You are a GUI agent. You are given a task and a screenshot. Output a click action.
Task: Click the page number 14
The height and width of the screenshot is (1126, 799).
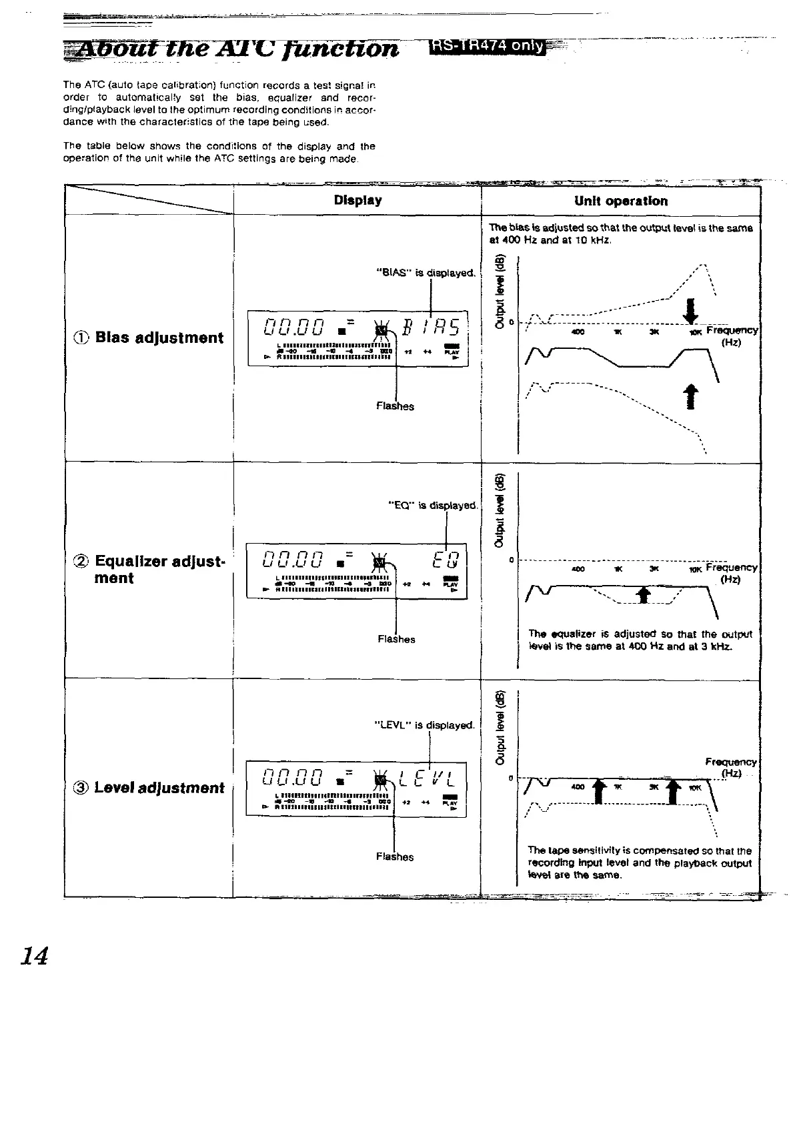(35, 957)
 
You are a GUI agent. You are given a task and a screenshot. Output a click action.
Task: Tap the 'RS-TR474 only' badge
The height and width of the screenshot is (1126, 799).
(488, 46)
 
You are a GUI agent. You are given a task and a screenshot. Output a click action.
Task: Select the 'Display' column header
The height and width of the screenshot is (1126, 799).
(357, 200)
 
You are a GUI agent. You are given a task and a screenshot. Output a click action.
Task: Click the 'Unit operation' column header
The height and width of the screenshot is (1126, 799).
(620, 201)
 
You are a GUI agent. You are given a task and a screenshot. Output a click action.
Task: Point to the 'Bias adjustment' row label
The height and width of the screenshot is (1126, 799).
(159, 338)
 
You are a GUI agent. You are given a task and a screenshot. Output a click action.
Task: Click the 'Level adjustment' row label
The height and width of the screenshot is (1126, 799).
(159, 788)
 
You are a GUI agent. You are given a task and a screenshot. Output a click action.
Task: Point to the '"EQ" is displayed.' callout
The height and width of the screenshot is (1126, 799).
(433, 505)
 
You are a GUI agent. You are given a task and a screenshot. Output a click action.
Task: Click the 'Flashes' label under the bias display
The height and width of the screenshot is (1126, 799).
(395, 406)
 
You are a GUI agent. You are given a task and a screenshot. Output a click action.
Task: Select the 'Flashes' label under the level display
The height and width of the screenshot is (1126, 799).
(395, 857)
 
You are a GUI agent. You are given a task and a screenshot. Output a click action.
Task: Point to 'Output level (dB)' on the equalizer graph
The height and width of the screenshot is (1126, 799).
(498, 510)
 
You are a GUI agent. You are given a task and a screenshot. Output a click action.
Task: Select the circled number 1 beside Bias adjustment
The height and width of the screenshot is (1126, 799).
(83, 338)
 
